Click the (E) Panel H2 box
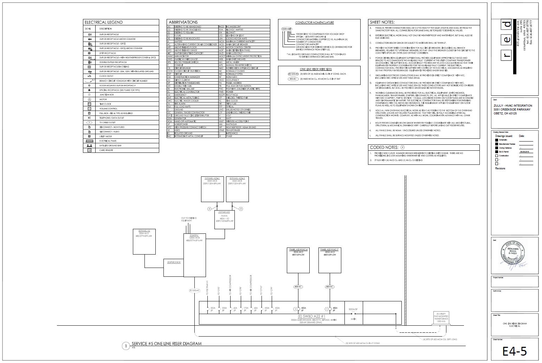tap(145, 241)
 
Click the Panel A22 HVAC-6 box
tap(298, 260)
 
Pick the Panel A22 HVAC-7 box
tap(330, 260)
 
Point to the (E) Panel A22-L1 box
tap(212, 188)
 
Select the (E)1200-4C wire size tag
tap(194, 290)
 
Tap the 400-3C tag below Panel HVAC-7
tap(330, 287)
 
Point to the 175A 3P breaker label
tap(246, 309)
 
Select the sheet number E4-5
tap(515, 351)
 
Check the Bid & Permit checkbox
tap(496, 152)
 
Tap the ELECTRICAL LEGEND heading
tap(104, 22)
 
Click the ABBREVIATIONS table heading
tap(183, 22)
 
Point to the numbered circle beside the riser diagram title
tap(126, 346)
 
